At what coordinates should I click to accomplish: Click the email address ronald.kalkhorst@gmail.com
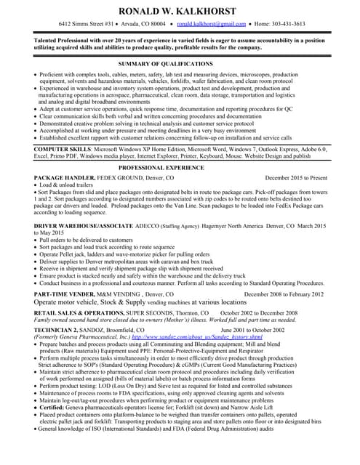[x=207, y=24]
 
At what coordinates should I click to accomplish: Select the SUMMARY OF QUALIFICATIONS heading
[x=179, y=64]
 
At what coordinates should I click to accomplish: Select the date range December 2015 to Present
[x=296, y=177]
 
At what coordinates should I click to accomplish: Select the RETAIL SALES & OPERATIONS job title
[x=79, y=312]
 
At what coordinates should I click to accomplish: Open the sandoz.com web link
[x=196, y=338]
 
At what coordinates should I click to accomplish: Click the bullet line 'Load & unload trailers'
[x=71, y=185]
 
